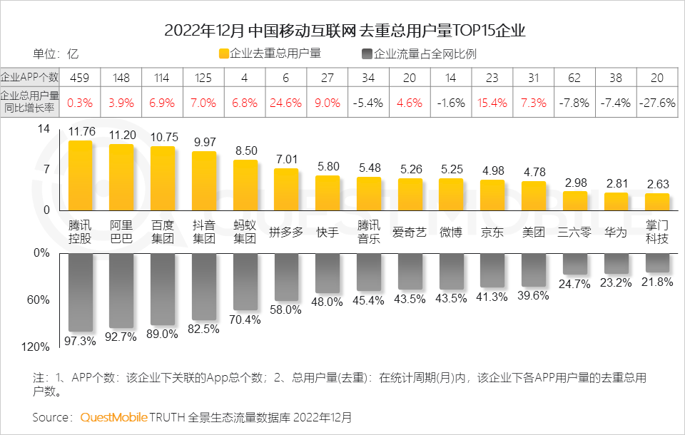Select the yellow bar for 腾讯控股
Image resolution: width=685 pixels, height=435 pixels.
80,175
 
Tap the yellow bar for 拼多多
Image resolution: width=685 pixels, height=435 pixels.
286,189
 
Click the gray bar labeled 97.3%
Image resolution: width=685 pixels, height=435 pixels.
80,292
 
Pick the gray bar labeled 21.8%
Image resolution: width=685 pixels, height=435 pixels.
657,262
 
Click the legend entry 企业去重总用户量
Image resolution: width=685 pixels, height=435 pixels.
270,53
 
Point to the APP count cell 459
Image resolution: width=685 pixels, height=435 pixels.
80,78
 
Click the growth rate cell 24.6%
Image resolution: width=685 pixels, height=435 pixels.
286,103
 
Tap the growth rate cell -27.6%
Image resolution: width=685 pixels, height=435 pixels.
657,103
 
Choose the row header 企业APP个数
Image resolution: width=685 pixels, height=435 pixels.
29,78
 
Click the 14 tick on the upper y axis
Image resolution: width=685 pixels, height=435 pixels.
44,129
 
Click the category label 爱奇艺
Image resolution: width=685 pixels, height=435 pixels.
410,232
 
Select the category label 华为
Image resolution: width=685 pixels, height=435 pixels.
616,232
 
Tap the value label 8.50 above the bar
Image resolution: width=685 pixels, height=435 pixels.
245,150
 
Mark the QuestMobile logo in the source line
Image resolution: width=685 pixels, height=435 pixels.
113,416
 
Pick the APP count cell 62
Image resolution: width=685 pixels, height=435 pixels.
574,78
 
